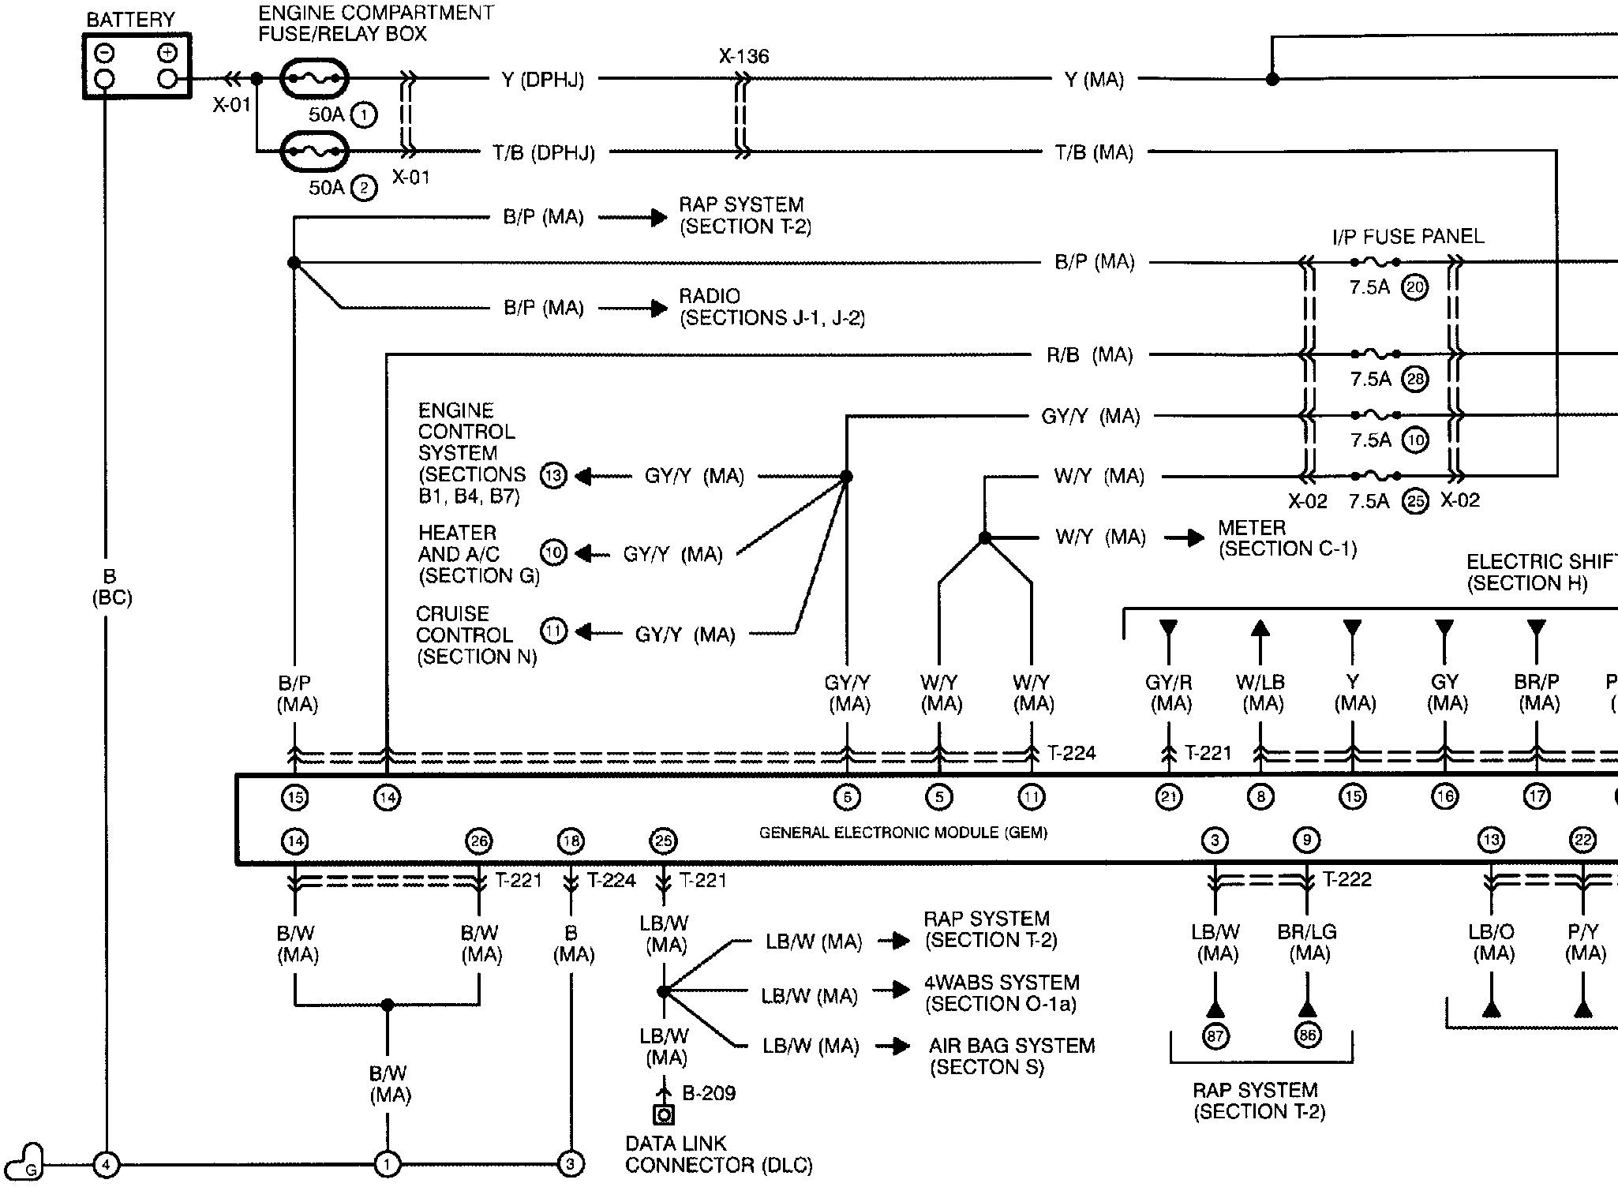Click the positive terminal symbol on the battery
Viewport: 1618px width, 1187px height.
coord(167,53)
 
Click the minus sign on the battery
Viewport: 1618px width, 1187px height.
coord(104,53)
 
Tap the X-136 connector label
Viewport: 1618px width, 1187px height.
coord(743,57)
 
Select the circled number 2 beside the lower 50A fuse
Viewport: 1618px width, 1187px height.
coord(364,189)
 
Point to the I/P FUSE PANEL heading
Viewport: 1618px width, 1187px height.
coord(1408,236)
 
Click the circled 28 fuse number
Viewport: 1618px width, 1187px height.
coord(1415,380)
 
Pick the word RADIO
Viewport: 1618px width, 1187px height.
coord(710,296)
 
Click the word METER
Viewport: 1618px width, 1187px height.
coord(1252,527)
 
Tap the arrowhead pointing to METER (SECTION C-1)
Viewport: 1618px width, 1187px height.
coord(1195,538)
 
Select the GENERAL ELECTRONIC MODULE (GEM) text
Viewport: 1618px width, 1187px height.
coord(903,833)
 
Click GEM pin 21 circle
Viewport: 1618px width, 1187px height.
coord(1168,797)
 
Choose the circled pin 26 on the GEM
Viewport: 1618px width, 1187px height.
coord(479,841)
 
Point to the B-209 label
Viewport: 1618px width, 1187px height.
coord(708,1093)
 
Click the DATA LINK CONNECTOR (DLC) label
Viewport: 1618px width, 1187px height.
coord(718,1154)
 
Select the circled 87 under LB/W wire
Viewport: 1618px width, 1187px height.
coord(1215,1035)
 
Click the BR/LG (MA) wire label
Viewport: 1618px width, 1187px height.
coord(1307,943)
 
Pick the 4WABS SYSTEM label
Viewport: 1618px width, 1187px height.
coord(1002,983)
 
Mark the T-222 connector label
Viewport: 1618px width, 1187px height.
coord(1346,879)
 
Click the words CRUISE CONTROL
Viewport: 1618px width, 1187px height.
coord(464,624)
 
